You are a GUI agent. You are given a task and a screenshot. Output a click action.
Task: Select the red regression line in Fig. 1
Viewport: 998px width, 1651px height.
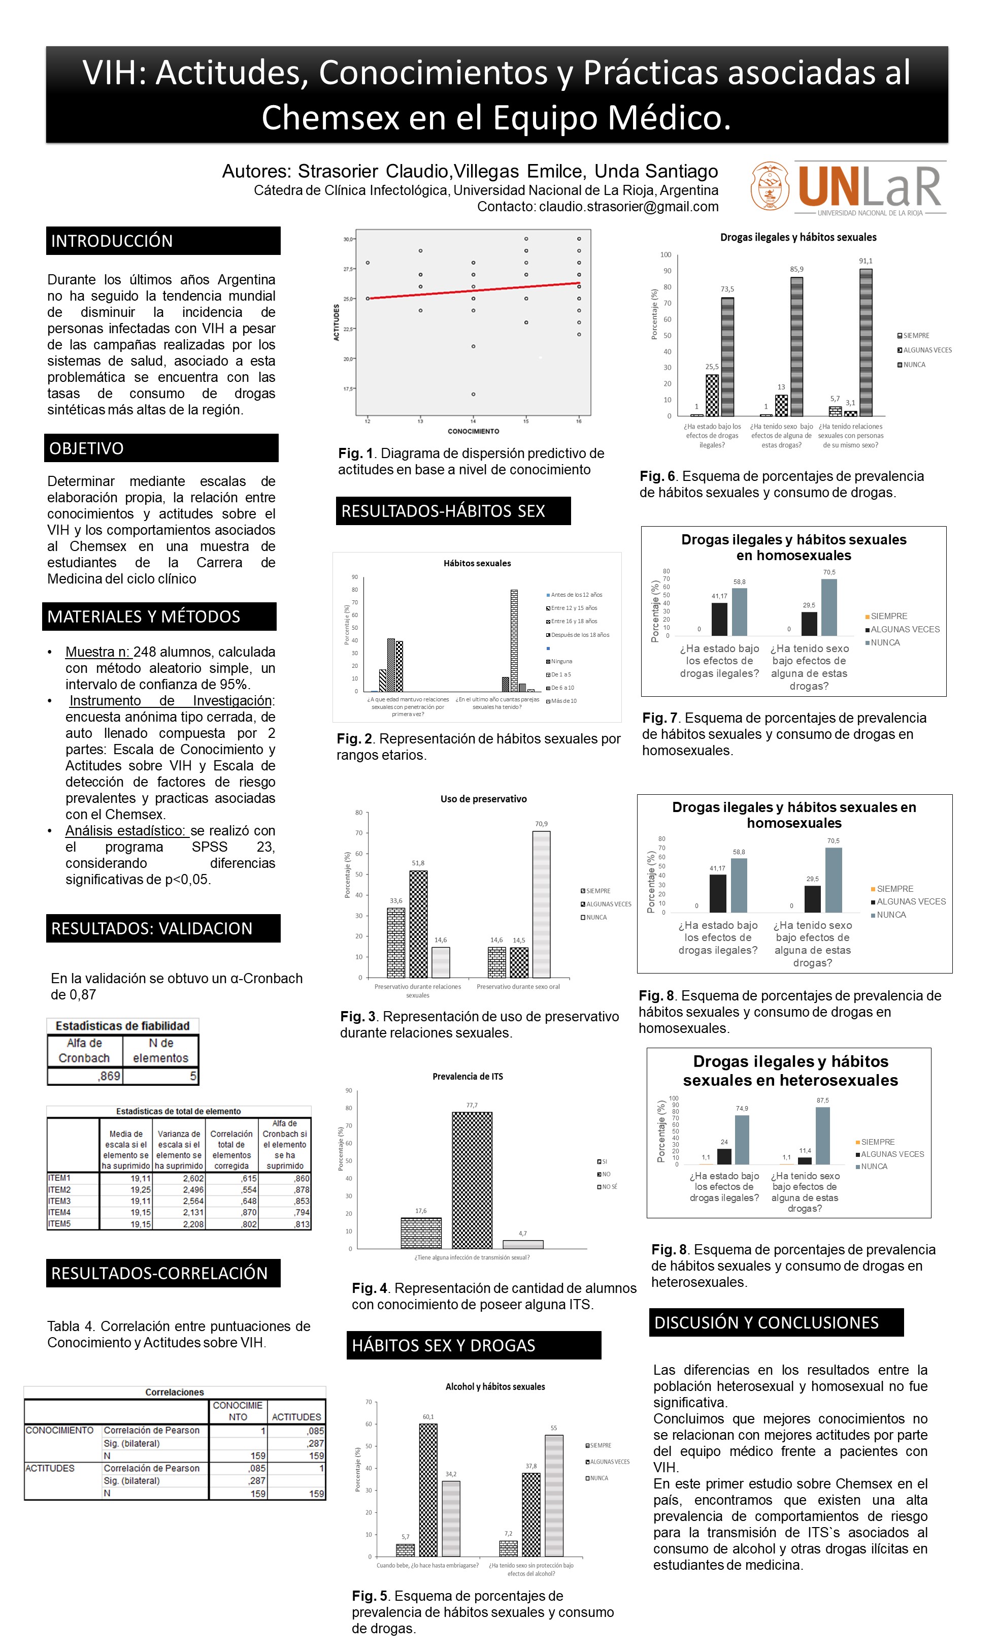pyautogui.click(x=473, y=290)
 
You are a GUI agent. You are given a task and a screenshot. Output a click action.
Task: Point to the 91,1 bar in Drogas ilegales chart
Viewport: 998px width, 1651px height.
pyautogui.click(x=866, y=342)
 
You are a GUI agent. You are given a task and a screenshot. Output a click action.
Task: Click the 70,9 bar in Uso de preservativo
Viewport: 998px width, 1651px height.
pyautogui.click(x=541, y=904)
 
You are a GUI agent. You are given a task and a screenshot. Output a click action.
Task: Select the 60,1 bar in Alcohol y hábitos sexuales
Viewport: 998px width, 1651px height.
pyautogui.click(x=428, y=1490)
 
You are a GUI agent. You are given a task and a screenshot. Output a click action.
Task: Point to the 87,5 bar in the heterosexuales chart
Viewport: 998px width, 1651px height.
pyautogui.click(x=822, y=1136)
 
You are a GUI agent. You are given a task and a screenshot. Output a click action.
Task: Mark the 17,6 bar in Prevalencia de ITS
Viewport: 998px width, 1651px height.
pyautogui.click(x=421, y=1233)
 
